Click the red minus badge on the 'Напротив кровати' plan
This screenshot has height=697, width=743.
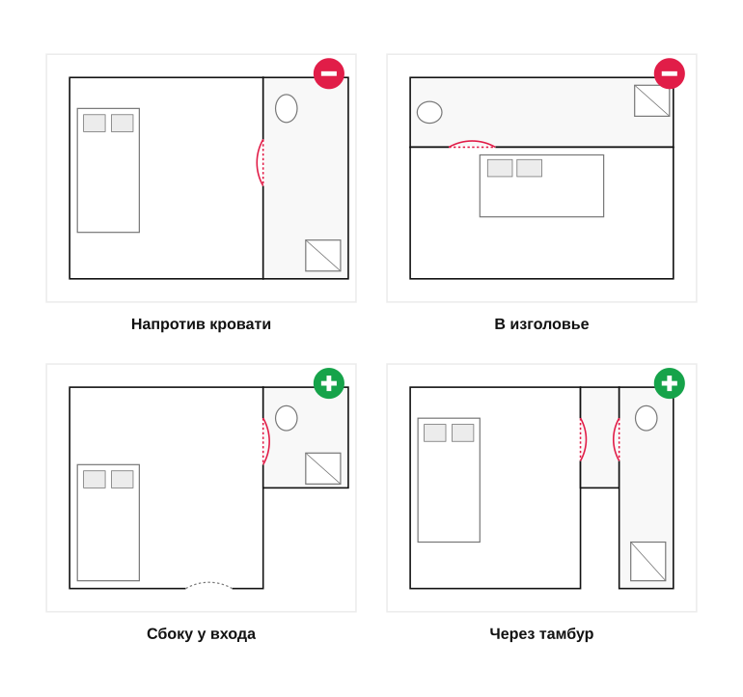click(329, 73)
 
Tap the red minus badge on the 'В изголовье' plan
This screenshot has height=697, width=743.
click(669, 73)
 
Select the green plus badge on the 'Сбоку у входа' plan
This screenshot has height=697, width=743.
click(329, 383)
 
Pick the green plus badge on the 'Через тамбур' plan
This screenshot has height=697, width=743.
click(669, 383)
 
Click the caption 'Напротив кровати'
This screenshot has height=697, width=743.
click(201, 324)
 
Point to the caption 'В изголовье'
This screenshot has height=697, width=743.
click(541, 324)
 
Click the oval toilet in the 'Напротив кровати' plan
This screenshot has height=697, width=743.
click(287, 108)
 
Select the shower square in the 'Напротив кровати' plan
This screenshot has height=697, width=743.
click(323, 256)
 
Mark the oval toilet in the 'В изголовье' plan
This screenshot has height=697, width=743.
click(429, 112)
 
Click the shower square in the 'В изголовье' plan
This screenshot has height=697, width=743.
click(652, 100)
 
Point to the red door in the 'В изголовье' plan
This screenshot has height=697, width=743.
click(472, 142)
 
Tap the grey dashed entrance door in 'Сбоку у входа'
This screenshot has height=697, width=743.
click(208, 583)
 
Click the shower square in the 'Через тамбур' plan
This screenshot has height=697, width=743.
click(648, 562)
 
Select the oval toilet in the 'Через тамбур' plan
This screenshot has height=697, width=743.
click(646, 418)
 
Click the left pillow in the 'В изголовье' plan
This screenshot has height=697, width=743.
click(500, 168)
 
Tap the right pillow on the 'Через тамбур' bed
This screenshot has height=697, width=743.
click(463, 432)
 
